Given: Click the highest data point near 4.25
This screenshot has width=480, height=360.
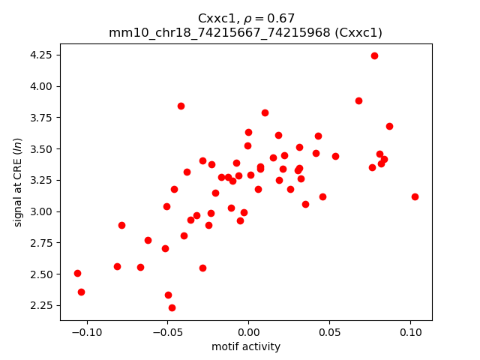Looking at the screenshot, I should coord(374,55).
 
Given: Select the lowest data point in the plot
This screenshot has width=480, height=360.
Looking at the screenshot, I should coord(172,307).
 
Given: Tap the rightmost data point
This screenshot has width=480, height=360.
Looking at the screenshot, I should coord(415,196).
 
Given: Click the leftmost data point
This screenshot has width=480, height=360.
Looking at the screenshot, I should coord(77,273).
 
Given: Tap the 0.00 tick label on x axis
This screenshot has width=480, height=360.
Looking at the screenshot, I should coord(248,332).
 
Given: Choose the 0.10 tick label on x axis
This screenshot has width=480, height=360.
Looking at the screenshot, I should coord(410,332).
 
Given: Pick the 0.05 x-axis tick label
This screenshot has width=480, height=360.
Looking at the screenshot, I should coord(329,332).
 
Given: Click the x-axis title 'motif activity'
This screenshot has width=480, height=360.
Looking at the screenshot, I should coord(246,346).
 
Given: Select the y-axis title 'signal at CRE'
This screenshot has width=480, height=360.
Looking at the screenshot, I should coord(19,182).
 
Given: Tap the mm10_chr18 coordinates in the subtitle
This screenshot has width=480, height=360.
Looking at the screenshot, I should coord(217,32).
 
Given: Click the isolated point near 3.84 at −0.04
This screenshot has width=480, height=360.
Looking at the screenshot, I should coord(181,106).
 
